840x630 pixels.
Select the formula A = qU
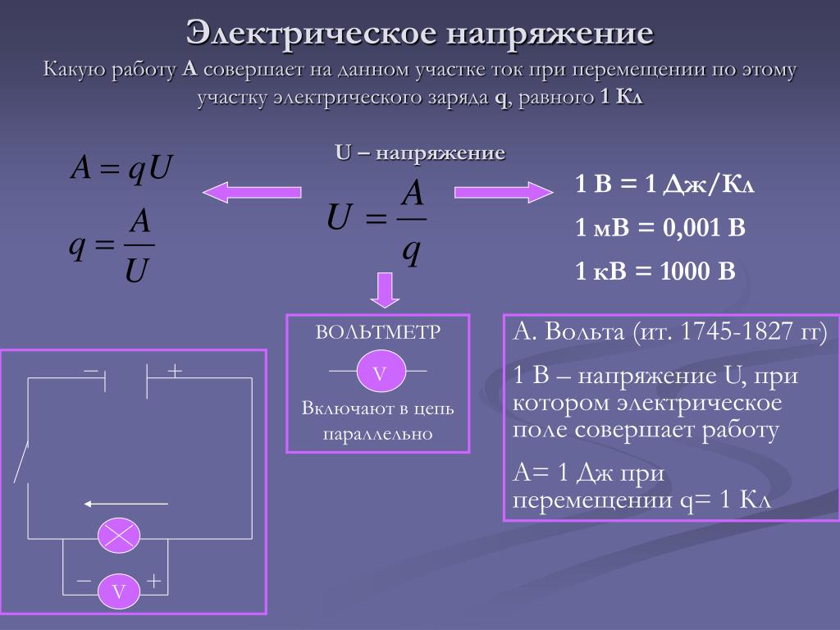[121, 167]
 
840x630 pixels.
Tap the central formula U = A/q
[377, 221]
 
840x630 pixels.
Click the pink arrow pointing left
[252, 192]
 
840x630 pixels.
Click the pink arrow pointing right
[504, 192]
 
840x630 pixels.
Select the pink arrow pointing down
[385, 290]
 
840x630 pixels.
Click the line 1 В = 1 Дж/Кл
[664, 185]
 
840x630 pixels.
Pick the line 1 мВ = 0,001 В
[660, 228]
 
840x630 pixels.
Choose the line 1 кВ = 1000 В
[655, 271]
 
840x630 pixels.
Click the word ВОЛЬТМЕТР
[377, 332]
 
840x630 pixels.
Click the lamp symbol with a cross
[119, 536]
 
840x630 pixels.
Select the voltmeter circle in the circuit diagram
[119, 591]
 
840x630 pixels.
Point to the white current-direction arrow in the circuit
[126, 504]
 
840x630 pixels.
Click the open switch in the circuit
[21, 463]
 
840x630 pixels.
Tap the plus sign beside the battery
[175, 370]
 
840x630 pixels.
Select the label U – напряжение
[420, 153]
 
